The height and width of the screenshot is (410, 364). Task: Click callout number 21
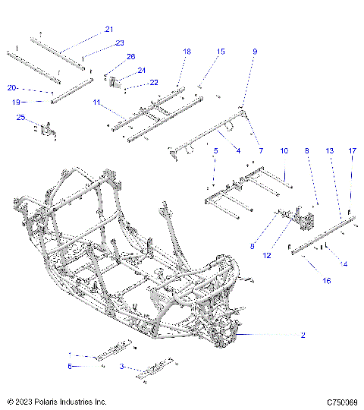point(108,29)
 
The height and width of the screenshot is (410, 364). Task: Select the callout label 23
point(119,43)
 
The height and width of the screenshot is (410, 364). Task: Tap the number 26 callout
point(130,57)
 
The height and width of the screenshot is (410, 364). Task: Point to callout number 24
point(141,70)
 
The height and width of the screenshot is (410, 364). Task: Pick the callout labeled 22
point(153,82)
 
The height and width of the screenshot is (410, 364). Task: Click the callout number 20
point(13,87)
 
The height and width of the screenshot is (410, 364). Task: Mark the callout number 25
point(20,117)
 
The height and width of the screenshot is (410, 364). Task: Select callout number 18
point(187,51)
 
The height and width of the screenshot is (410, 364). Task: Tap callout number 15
point(221,51)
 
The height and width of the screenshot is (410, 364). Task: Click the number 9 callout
point(255,51)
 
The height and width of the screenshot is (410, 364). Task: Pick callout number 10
point(284,152)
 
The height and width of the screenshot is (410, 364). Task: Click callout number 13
point(329,152)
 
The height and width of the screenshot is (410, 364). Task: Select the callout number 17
point(352,152)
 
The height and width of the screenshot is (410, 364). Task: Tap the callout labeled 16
point(328,280)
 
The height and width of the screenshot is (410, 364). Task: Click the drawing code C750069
point(342,402)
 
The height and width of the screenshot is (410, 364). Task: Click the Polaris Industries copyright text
point(57,402)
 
